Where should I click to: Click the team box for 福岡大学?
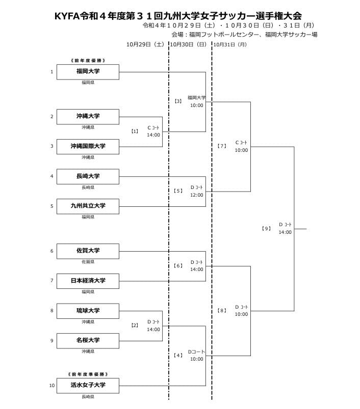88,72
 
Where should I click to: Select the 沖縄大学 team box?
88,117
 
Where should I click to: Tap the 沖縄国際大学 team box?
88,146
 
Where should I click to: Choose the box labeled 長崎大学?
88,176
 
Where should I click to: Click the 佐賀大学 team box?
88,251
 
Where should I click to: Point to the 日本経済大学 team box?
88,281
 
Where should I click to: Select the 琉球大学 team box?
88,311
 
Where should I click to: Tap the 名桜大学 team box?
88,340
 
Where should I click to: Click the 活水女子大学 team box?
88,385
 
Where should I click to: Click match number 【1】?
135,131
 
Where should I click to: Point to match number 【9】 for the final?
266,228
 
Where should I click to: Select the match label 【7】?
222,146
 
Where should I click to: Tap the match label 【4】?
178,355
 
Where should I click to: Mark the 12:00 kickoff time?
196,195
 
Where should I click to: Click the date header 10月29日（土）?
145,44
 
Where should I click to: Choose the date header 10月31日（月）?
230,44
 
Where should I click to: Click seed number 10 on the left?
52,386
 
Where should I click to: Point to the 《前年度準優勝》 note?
88,374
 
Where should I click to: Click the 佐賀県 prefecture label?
88,262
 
